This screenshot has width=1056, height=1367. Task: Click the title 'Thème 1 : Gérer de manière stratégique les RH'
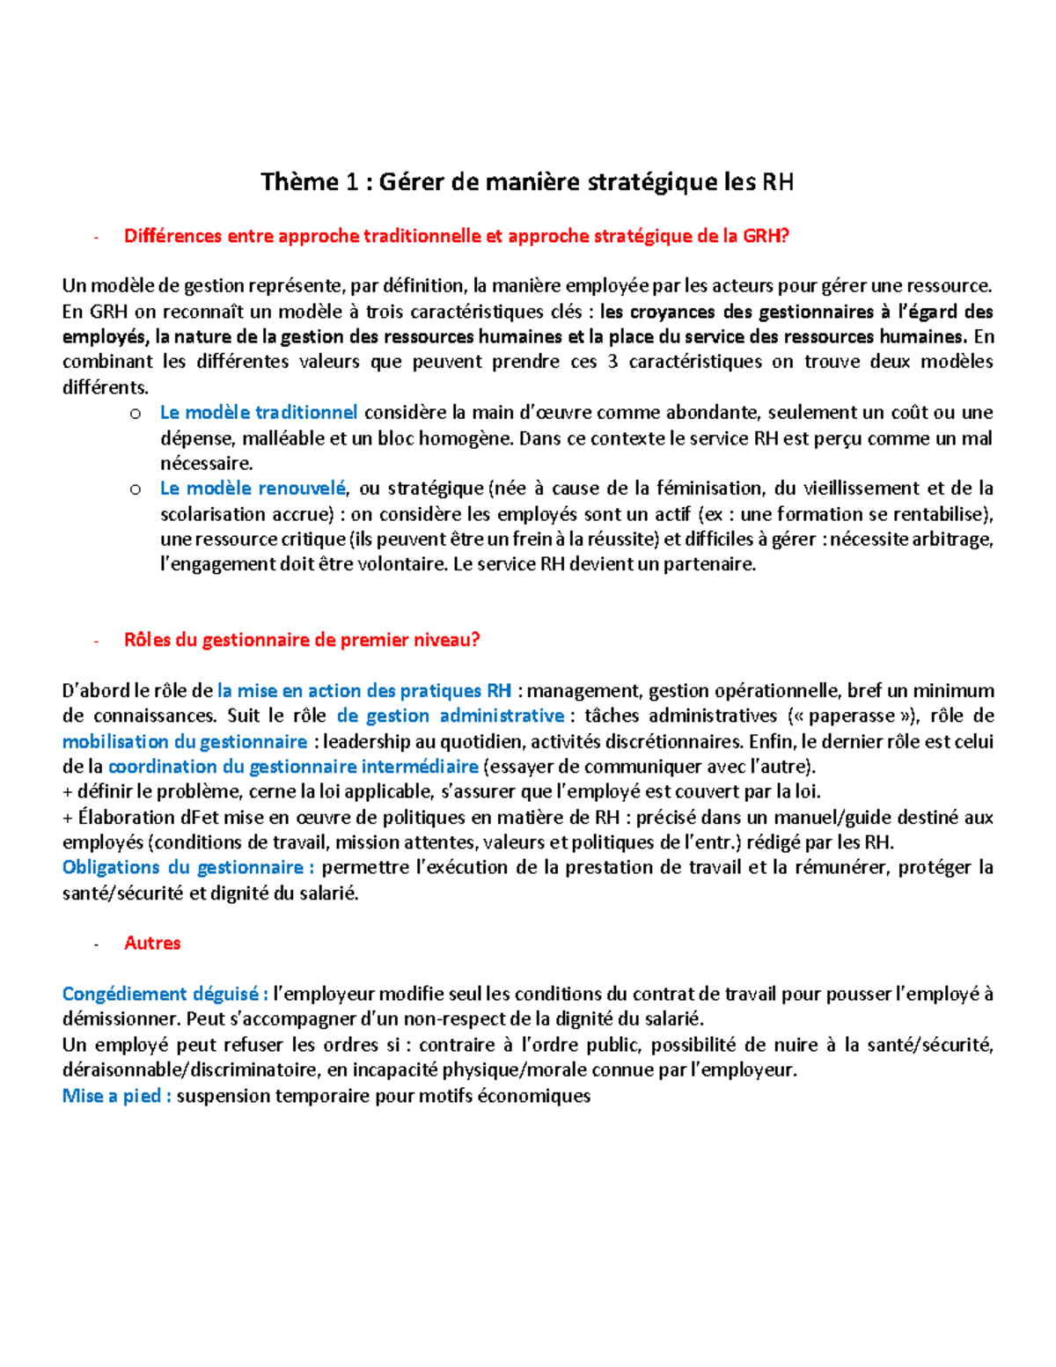[527, 182]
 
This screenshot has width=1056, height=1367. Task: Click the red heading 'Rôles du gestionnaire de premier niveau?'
[302, 640]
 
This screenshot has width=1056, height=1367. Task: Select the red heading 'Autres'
[152, 943]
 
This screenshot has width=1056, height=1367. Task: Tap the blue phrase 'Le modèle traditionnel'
[259, 412]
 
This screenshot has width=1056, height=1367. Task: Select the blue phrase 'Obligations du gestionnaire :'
[188, 867]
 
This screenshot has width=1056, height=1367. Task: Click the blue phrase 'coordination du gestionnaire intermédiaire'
[293, 767]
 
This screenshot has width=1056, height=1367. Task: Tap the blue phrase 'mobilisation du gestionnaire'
[185, 741]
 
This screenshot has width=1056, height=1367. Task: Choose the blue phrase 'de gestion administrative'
[451, 716]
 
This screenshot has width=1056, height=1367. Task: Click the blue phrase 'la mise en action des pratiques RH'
[364, 691]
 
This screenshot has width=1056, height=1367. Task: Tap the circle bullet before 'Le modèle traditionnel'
[136, 413]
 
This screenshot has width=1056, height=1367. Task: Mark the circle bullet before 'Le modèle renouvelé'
[136, 489]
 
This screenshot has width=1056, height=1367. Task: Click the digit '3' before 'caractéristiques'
[612, 362]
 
